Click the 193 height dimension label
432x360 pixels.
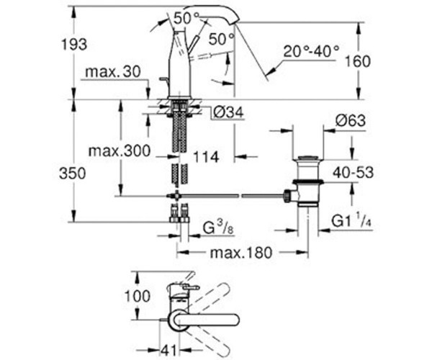click(74, 45)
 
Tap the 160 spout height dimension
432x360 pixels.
click(358, 61)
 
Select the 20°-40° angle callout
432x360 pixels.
click(311, 51)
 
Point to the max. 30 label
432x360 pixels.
click(113, 72)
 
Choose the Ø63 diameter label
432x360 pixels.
click(351, 121)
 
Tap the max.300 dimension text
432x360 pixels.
click(120, 150)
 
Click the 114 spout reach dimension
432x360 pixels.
click(206, 157)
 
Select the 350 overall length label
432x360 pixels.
click(73, 174)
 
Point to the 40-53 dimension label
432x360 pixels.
click(353, 173)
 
